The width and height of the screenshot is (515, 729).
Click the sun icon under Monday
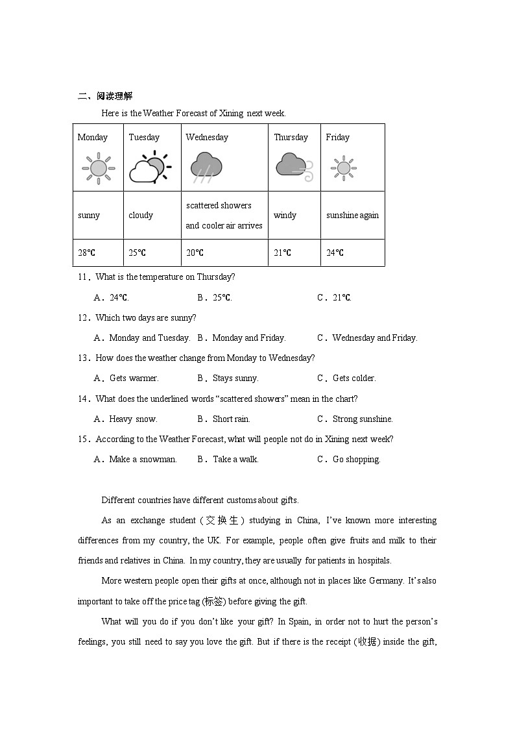click(x=98, y=168)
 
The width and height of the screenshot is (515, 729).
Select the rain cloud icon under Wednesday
click(x=207, y=166)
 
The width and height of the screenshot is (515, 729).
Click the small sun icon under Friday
click(x=342, y=168)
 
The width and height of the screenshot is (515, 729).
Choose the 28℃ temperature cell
click(x=87, y=253)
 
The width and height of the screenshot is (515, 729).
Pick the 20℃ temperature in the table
click(x=195, y=253)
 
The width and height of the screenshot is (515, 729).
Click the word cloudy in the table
click(x=141, y=216)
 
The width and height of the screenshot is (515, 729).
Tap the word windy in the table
click(x=285, y=216)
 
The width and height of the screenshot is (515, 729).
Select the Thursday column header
click(x=291, y=138)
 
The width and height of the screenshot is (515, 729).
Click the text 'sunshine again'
click(x=352, y=216)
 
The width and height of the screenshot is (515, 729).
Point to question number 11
click(x=83, y=277)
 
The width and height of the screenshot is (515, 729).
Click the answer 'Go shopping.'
click(x=356, y=460)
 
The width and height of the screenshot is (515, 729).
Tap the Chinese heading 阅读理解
click(x=114, y=97)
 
